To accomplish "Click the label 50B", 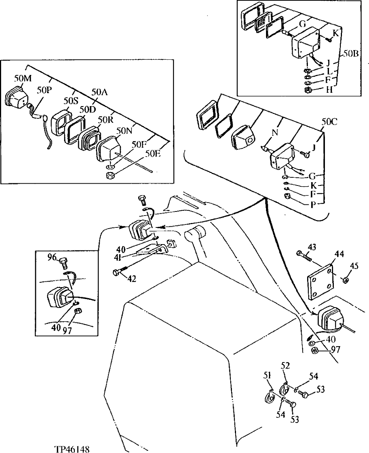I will [350, 53].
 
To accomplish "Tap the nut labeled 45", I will [344, 279].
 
